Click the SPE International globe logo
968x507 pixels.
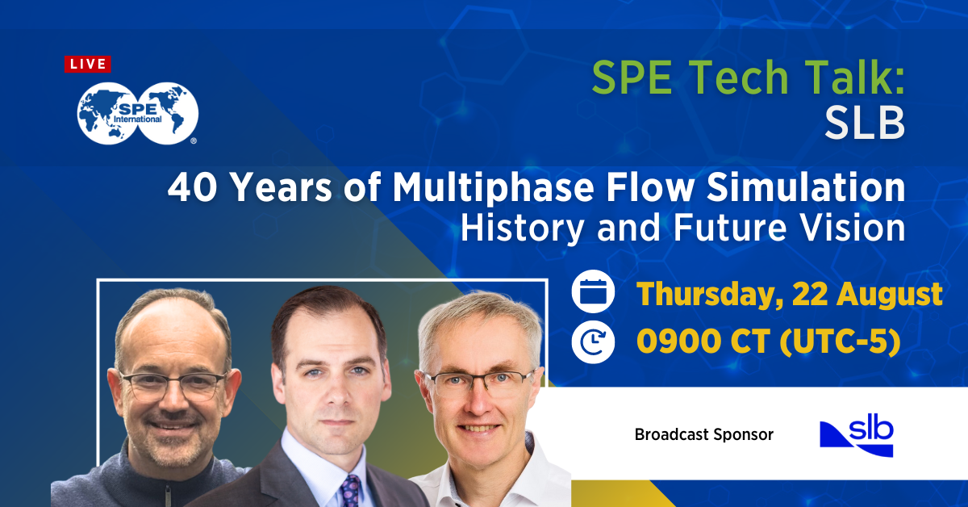coord(137,114)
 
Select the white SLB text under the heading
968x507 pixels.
coord(864,124)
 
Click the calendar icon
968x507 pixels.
coord(593,292)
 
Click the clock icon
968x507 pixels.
coord(593,342)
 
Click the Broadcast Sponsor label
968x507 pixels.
coord(703,434)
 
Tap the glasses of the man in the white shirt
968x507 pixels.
coord(479,381)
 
